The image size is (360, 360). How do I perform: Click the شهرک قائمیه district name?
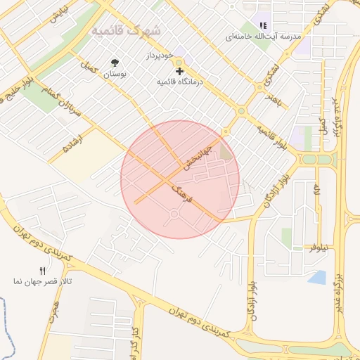(x=126, y=31)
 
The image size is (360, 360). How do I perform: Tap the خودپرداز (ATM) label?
(x=160, y=54)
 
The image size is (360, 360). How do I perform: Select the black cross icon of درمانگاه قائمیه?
(x=179, y=71)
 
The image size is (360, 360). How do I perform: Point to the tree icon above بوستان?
(x=115, y=63)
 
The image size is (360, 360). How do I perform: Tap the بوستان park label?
(x=115, y=74)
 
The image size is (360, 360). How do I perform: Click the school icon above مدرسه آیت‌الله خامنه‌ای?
(x=263, y=25)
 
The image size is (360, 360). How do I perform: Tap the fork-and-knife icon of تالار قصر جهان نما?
(x=42, y=271)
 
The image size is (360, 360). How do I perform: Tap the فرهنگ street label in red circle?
(x=186, y=193)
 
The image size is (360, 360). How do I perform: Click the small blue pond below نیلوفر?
(x=317, y=277)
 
